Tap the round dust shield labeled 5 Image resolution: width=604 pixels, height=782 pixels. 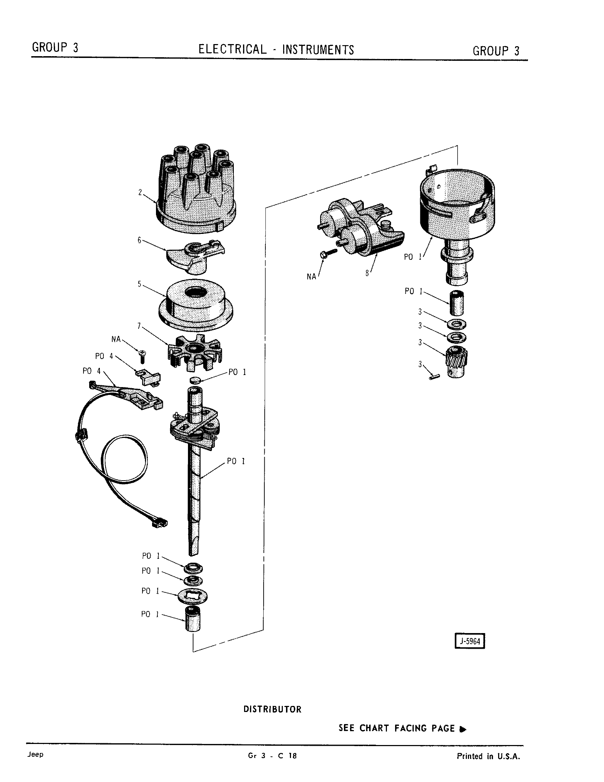195,304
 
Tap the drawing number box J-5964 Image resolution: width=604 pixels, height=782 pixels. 470,641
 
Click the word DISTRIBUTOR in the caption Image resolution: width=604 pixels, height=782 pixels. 272,709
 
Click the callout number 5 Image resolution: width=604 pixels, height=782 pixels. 140,284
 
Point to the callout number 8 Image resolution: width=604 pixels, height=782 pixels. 367,273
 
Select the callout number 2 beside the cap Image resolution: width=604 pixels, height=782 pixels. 140,192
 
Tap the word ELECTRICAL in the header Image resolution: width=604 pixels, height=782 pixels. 233,49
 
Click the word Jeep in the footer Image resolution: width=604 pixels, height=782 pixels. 35,754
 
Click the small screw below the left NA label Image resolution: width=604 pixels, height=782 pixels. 142,354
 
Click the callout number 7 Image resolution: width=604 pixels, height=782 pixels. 139,326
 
